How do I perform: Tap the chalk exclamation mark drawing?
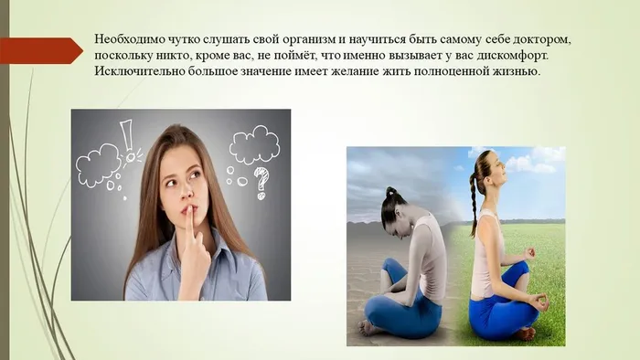[x=127, y=137]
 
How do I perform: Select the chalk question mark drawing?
[x=262, y=182]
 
